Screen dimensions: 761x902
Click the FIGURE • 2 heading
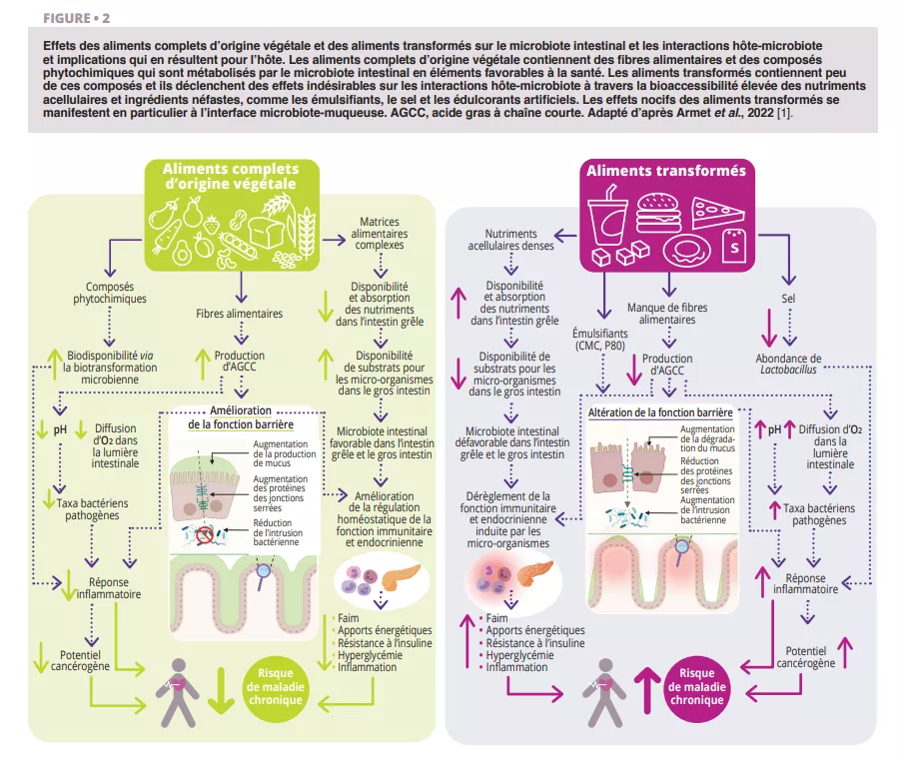77,19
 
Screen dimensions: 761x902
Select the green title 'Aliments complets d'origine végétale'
242,176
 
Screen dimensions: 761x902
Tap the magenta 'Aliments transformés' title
665,170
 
